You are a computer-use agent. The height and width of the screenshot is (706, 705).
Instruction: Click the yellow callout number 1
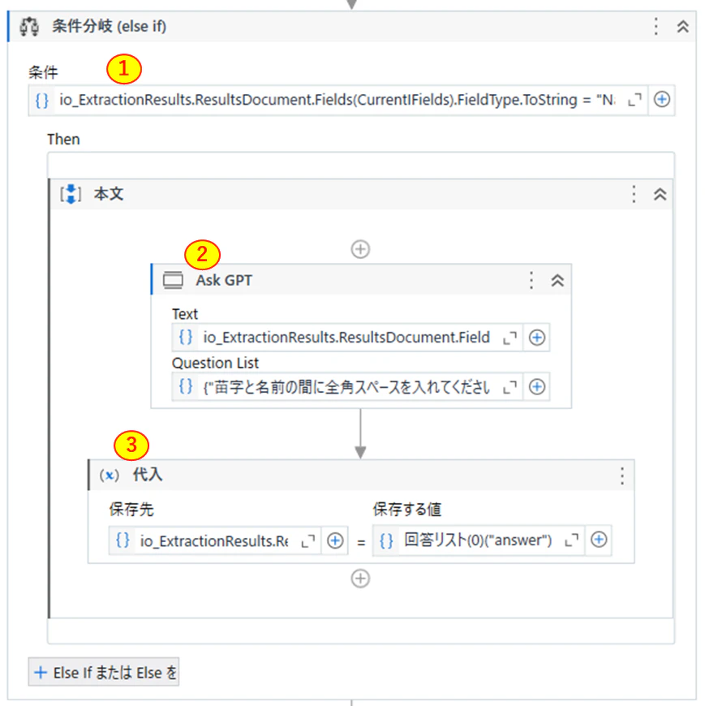[x=124, y=69]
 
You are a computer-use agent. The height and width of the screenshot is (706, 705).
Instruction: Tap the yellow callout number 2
[x=202, y=255]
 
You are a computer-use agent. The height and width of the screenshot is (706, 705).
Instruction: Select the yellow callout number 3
[x=131, y=446]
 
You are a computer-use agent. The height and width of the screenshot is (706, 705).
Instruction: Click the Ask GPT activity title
[x=224, y=281]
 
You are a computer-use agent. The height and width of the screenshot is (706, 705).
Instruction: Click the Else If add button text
[x=114, y=673]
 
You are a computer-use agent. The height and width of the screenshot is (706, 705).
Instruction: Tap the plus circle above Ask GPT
[x=360, y=249]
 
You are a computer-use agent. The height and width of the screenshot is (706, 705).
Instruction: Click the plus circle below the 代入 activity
[x=360, y=579]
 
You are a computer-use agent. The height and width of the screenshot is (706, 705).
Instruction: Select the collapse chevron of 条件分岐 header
[x=682, y=27]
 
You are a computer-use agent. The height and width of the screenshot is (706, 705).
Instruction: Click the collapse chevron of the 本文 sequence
[x=660, y=194]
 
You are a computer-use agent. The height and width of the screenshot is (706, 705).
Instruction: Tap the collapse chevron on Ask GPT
[x=557, y=281]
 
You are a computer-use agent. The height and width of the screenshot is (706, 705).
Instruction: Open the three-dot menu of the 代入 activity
[x=622, y=476]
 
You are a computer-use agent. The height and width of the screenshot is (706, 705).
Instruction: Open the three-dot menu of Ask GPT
[x=531, y=280]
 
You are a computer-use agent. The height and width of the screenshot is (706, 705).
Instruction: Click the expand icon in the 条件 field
[x=634, y=100]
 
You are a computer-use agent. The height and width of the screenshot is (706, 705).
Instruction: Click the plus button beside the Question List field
[x=536, y=387]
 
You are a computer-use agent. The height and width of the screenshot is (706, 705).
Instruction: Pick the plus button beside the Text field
[x=536, y=338]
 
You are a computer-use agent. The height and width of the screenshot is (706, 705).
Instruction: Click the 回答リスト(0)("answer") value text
[x=478, y=540]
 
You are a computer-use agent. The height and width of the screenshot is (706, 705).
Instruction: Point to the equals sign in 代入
[x=360, y=543]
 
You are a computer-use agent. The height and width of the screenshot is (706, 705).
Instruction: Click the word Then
[x=63, y=140]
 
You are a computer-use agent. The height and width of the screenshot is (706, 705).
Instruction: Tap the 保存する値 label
[x=407, y=510]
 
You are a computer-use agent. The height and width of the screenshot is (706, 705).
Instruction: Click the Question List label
[x=215, y=363]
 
